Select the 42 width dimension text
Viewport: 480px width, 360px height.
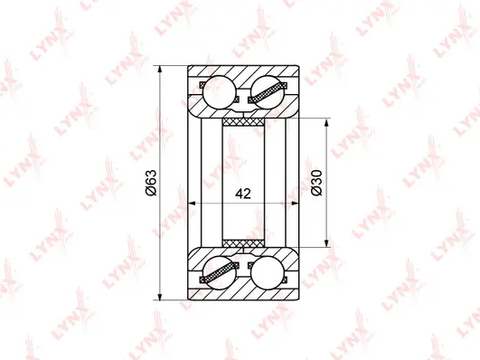click(241, 194)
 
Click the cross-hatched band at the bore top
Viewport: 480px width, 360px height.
click(243, 120)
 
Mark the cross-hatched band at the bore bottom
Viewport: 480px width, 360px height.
click(243, 243)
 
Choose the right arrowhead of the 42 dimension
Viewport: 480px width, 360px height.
click(295, 204)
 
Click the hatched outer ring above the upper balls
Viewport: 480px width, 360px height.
click(243, 72)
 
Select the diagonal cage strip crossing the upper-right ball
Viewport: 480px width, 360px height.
click(268, 91)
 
